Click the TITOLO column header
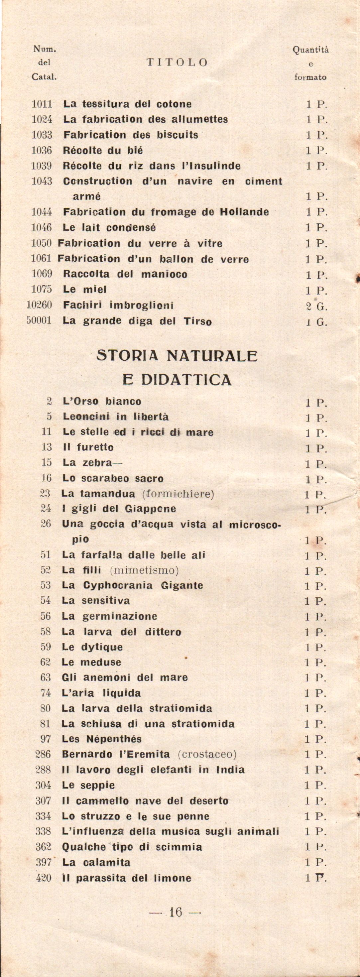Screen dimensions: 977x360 177,62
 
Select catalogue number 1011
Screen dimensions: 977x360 42,104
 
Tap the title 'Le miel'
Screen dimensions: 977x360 84,290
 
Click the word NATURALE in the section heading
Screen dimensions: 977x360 212,356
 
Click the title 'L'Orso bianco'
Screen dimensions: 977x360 102,401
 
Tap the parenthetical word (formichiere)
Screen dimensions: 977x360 178,494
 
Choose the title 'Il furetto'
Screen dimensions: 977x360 88,447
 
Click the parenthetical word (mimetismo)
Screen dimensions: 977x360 144,570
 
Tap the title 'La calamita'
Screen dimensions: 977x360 96,862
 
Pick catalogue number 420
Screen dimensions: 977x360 43,878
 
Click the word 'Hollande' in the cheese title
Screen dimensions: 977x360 244,212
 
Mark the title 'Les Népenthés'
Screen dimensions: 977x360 101,739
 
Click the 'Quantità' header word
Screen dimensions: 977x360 311,50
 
